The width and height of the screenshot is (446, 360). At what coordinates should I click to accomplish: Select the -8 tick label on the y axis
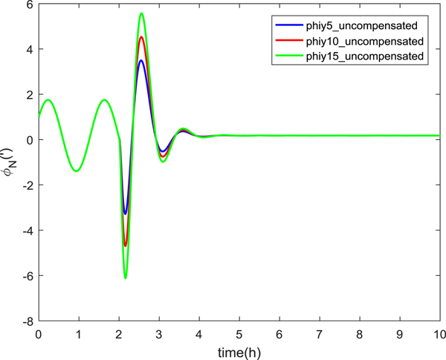coord(26,321)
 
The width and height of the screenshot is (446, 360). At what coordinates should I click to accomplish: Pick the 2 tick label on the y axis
coord(28,94)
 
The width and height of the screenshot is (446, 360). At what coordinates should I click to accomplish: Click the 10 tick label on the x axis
coord(439,335)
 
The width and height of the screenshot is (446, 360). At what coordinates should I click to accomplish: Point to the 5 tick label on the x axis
coord(239,335)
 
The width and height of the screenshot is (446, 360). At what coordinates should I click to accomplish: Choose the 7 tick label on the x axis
coord(319,335)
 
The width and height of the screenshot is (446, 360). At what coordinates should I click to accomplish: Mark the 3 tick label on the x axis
coord(158,335)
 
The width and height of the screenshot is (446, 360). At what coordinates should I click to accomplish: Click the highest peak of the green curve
coord(141,13)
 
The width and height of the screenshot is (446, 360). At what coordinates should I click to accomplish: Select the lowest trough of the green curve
coord(125,278)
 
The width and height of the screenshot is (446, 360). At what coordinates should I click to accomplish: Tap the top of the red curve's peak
coord(141,36)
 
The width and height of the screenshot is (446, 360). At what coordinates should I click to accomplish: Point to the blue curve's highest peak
coord(140,60)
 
